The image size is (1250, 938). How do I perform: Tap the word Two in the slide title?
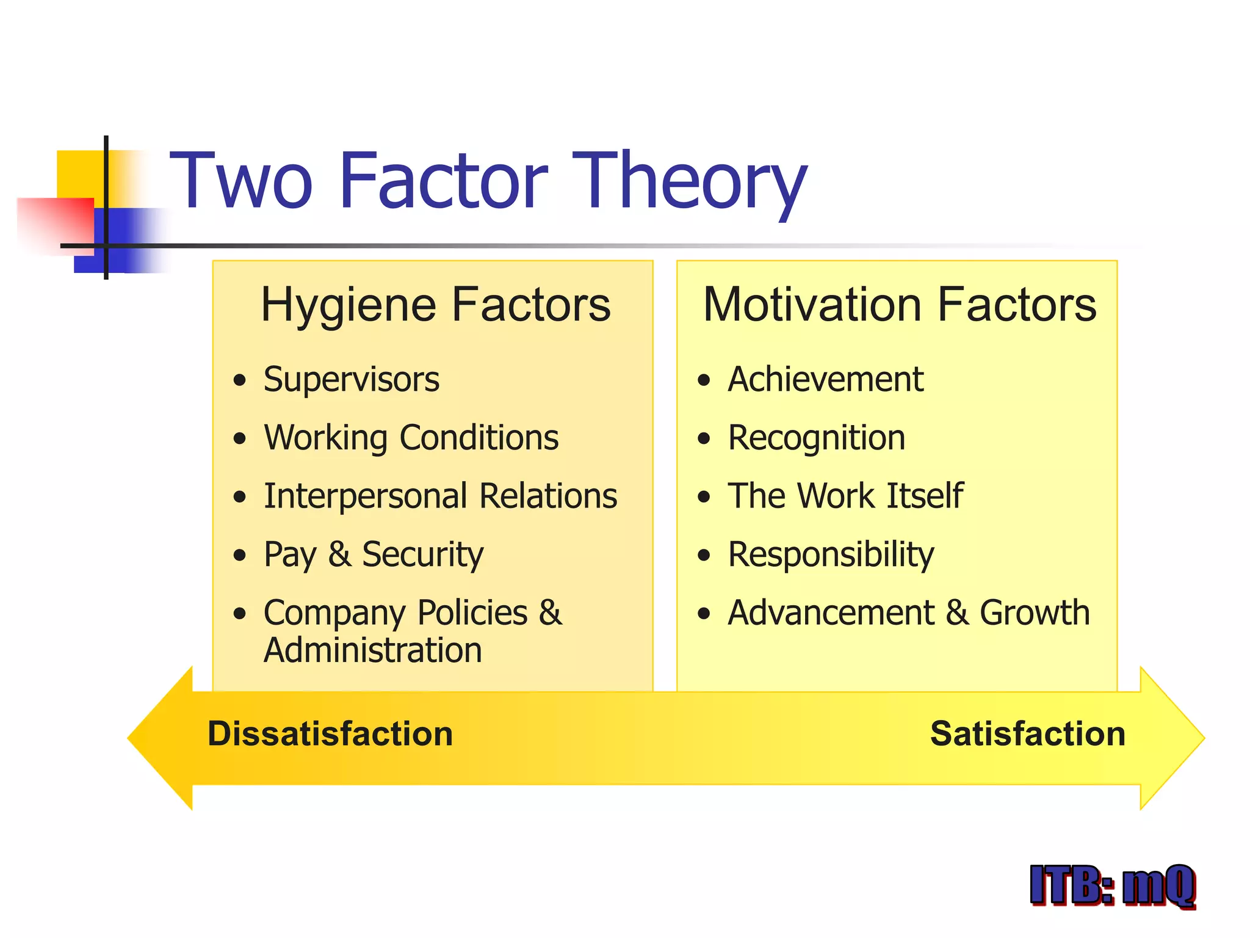(241, 181)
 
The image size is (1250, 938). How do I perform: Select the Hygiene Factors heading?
(435, 305)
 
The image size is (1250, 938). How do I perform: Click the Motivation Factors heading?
(899, 305)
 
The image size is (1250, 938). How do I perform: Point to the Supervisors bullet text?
(351, 380)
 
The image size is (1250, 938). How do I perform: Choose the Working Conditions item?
(411, 438)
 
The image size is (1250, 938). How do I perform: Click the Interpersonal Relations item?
(440, 496)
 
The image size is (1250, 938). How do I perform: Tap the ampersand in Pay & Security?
(339, 554)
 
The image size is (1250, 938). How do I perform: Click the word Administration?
(372, 650)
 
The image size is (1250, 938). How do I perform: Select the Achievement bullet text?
(825, 380)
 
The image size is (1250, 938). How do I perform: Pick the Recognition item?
(816, 438)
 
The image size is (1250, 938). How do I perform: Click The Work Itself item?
(845, 496)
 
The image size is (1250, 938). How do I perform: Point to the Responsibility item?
(831, 554)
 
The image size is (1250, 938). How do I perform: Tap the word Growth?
(1035, 613)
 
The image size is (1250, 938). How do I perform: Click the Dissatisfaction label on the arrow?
(330, 733)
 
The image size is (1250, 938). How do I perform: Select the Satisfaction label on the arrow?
(1027, 733)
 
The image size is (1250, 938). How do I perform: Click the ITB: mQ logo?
(1112, 885)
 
